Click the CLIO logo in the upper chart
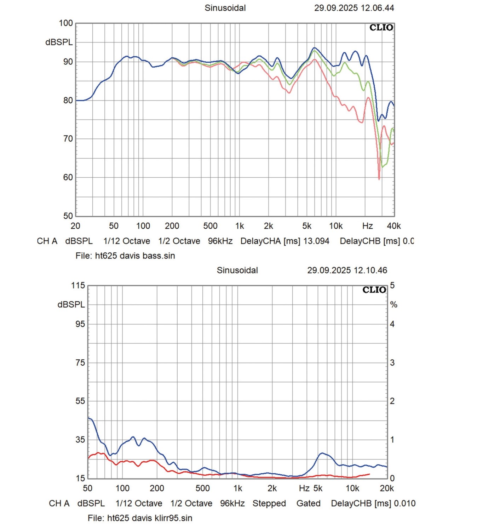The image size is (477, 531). coord(381,28)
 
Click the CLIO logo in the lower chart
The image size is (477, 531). coord(374,290)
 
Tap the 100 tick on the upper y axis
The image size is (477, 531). coord(66,23)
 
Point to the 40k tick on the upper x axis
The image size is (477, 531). coord(394,226)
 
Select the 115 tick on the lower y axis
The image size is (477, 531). coord(78,285)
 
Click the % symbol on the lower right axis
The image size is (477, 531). coord(393,304)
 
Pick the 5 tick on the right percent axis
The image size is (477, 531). coord(392,285)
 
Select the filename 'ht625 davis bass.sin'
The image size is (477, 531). coord(135,256)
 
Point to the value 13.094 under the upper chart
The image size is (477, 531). coord(316,241)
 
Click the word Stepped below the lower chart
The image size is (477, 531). coord(269,503)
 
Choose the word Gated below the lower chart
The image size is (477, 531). coord(308,503)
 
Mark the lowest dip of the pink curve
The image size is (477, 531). coord(379,179)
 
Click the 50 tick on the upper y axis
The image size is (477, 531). coord(68,216)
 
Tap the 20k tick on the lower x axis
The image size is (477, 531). coord(387,489)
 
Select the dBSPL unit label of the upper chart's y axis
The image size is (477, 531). coord(59,42)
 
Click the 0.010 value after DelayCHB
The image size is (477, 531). coord(405,503)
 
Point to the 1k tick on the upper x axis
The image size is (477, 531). coord(240,226)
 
